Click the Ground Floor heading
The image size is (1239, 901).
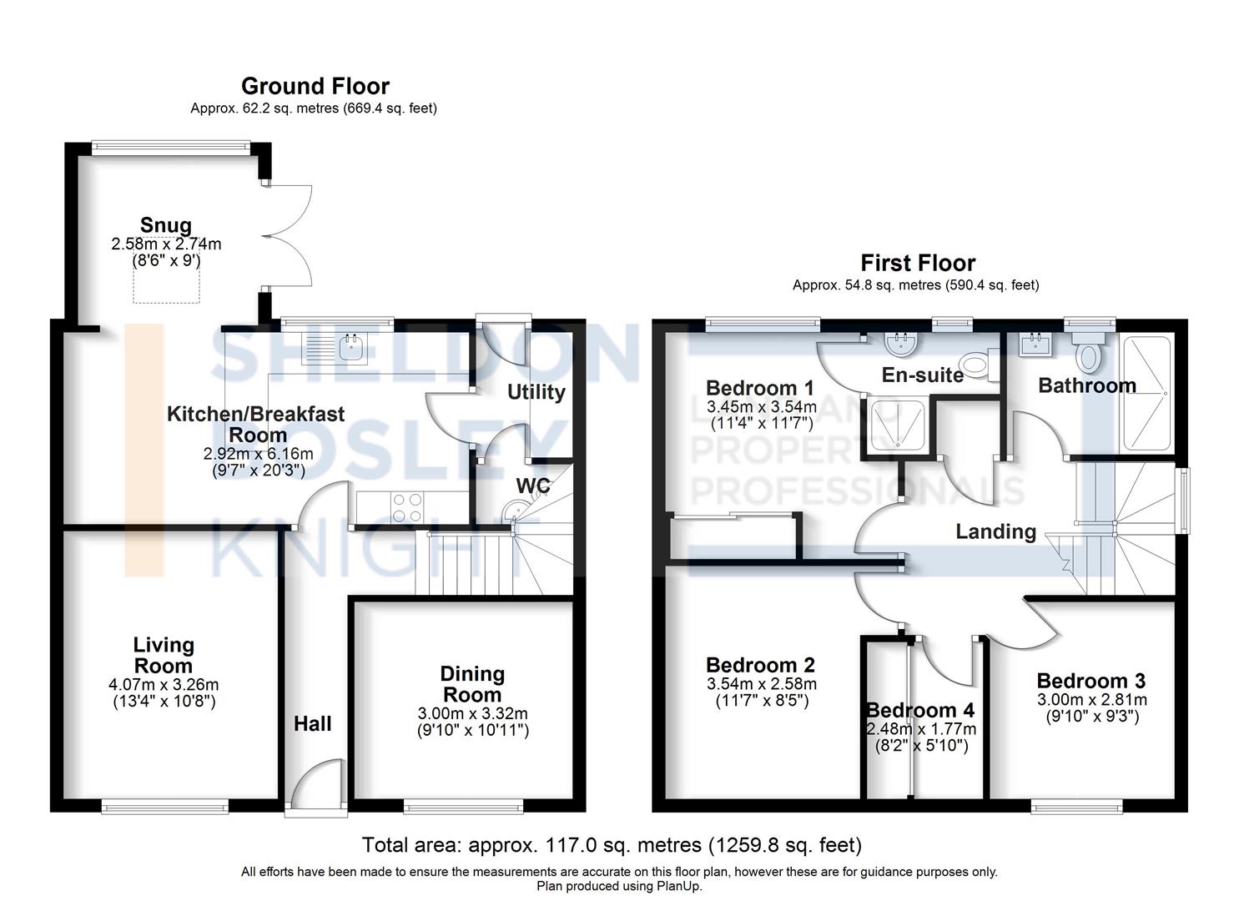315,86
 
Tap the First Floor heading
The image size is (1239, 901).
918,263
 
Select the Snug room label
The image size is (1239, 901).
166,225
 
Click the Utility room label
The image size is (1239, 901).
536,392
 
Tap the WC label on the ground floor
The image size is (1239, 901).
532,486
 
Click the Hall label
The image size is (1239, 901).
312,723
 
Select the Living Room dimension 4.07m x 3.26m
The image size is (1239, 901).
164,685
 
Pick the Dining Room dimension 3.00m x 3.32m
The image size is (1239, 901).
472,714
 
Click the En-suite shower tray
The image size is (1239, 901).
897,425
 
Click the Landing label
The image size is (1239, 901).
995,531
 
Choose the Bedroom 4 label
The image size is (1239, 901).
919,710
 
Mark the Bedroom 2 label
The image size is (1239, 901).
760,665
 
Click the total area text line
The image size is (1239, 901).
612,845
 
